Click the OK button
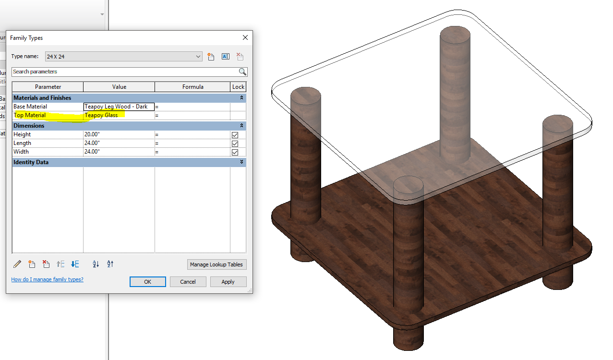pos(147,282)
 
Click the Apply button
pos(228,282)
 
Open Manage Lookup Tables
pos(216,264)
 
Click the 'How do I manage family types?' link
pos(47,279)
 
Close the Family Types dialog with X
pos(245,37)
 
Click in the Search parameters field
pos(125,72)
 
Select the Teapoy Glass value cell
pos(118,115)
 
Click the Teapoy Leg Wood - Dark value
pos(118,107)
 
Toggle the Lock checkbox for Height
pos(235,135)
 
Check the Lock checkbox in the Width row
pos(235,152)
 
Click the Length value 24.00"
pos(118,143)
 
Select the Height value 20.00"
pos(118,134)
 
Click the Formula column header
pos(192,87)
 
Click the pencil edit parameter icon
pos(17,264)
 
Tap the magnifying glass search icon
pos(242,72)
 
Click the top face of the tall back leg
pos(455,34)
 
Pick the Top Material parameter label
pos(30,115)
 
